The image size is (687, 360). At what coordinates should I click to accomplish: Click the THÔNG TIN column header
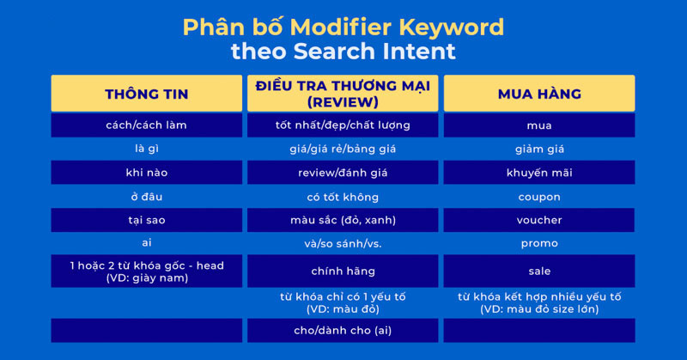[x=146, y=93]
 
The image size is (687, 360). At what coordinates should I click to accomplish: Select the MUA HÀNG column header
[x=539, y=93]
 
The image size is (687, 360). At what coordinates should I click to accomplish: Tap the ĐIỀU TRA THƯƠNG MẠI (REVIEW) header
[x=343, y=93]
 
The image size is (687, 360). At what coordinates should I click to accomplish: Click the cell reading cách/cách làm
[x=146, y=125]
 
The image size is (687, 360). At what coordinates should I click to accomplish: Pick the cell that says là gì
[x=146, y=149]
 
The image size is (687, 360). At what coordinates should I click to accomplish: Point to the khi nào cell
[x=146, y=173]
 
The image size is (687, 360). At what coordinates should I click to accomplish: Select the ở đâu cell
[x=146, y=197]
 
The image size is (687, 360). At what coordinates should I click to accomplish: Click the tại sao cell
[x=146, y=220]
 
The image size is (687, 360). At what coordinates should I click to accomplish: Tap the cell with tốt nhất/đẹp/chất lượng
[x=343, y=125]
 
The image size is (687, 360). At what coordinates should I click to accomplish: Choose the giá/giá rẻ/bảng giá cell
[x=343, y=149]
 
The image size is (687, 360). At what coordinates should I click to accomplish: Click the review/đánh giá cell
[x=343, y=173]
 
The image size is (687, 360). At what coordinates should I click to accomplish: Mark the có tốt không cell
[x=343, y=197]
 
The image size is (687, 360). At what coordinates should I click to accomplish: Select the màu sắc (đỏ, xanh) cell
[x=343, y=220]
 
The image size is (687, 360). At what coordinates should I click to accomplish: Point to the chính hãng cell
[x=343, y=272]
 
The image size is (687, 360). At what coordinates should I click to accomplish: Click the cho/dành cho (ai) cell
[x=343, y=330]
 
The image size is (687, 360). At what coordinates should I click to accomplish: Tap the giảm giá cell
[x=539, y=149]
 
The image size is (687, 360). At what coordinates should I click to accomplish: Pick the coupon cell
[x=539, y=197]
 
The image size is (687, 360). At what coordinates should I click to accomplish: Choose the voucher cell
[x=539, y=220]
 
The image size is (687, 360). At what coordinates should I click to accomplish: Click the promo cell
[x=539, y=243]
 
